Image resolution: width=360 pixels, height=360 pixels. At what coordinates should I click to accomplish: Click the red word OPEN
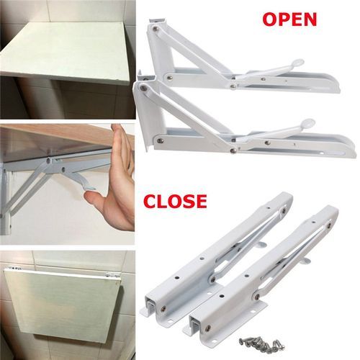289,19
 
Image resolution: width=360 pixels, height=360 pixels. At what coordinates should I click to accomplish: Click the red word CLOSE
176,201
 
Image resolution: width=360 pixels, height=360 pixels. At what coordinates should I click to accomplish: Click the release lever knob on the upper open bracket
300,62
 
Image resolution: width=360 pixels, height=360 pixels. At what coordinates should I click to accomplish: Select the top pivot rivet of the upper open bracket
156,29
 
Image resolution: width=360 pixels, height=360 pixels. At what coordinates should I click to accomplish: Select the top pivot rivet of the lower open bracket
144,87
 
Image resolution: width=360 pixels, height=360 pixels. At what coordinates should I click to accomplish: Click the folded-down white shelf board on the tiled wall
65,304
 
